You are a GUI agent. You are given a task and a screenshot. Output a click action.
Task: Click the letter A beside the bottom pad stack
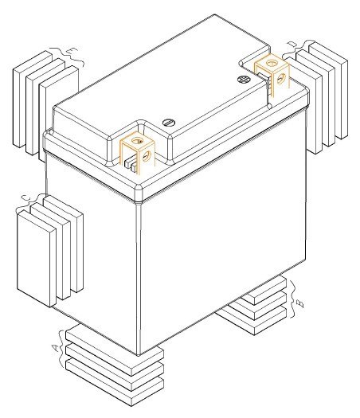pos(55,348)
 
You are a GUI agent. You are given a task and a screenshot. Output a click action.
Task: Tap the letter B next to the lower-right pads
pos(300,303)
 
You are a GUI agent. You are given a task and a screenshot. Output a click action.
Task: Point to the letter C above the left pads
pos(25,197)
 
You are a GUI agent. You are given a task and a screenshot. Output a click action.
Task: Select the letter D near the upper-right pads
pos(292,45)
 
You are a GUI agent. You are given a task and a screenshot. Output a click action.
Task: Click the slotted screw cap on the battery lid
pos(169,123)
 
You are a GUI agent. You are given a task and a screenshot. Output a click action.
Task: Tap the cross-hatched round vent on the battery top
pos(243,79)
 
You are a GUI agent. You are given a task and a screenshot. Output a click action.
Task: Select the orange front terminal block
pos(138,153)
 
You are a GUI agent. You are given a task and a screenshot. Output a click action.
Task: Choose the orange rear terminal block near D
pos(272,72)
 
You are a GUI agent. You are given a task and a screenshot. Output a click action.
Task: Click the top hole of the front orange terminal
pos(137,140)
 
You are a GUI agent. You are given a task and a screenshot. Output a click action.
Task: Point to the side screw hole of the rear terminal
pos(281,79)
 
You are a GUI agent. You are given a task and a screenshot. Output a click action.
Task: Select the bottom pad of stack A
pos(115,381)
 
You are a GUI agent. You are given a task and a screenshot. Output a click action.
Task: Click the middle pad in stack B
pos(259,307)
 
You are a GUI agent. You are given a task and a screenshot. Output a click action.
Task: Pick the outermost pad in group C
pos(37,258)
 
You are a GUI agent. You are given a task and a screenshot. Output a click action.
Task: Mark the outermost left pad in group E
pos(32,100)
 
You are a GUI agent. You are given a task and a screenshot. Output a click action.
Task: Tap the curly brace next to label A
pos(62,349)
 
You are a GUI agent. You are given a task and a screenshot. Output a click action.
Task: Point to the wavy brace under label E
pos(67,56)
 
